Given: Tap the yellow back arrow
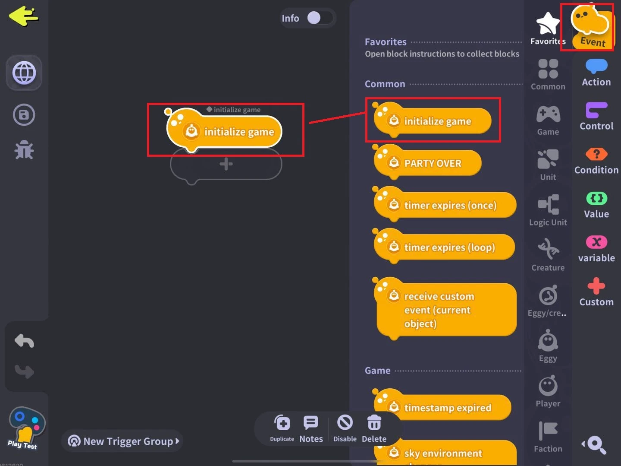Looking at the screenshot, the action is tap(23, 16).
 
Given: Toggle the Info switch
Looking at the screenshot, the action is tap(320, 18).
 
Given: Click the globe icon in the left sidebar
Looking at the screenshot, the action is tap(24, 73).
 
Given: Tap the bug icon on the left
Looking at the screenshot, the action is tap(24, 150).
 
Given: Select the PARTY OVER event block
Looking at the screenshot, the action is tap(432, 163).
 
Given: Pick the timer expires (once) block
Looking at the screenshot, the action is tap(450, 205).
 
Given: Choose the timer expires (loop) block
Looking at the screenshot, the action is tap(449, 247).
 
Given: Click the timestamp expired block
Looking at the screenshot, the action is tap(447, 408).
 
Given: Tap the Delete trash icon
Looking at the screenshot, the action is tap(374, 423).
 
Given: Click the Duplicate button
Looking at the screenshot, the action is tap(282, 423).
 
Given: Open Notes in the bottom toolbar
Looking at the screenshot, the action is tap(311, 423).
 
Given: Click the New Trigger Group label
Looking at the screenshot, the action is tap(128, 441).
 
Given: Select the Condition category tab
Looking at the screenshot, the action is tap(596, 161).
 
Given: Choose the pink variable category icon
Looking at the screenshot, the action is tap(596, 242).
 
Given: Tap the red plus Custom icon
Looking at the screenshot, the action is tap(596, 286).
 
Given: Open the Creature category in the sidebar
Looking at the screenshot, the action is tap(548, 255).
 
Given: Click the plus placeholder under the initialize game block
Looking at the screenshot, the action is tap(226, 164).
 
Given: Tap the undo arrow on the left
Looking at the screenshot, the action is tap(24, 341).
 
